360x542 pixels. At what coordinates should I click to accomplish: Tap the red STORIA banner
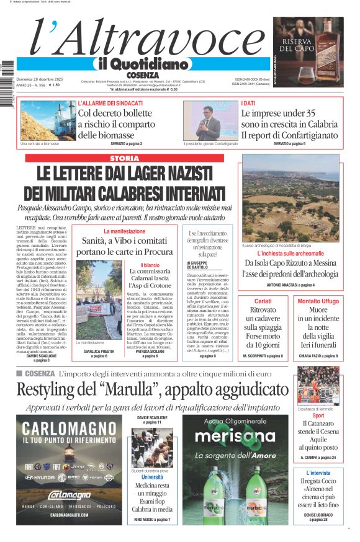click(x=124, y=159)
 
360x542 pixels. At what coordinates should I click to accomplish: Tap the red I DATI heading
click(x=248, y=103)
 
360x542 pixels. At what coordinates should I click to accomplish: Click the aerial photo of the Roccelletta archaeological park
click(x=290, y=198)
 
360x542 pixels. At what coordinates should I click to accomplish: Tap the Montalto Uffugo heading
click(x=318, y=301)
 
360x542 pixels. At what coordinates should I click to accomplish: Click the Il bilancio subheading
click(x=143, y=265)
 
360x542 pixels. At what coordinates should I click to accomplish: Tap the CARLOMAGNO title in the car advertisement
click(x=61, y=428)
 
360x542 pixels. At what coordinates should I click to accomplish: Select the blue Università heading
click(x=152, y=478)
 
